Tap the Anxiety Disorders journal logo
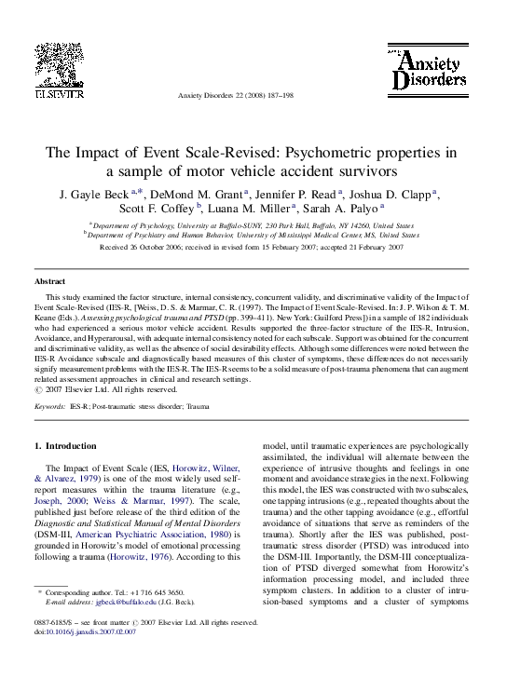(428, 70)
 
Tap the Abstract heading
(49, 280)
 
